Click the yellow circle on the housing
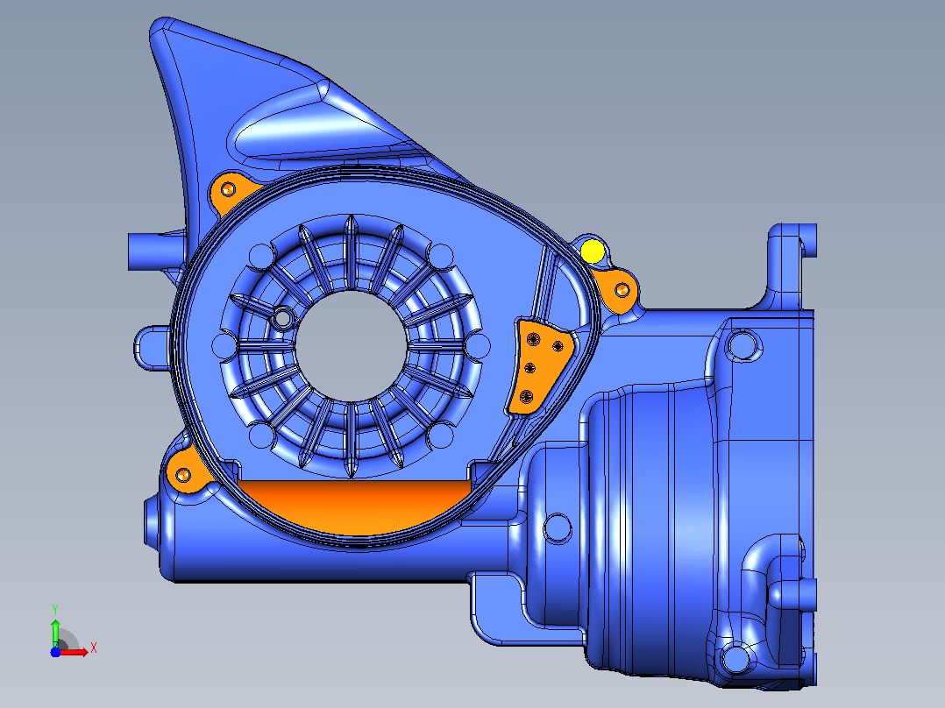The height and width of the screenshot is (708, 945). coord(593,251)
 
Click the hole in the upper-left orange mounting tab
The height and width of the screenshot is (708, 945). coord(228,190)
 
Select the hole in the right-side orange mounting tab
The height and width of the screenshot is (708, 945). coord(622,290)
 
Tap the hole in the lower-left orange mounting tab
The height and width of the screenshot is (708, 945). coord(183,475)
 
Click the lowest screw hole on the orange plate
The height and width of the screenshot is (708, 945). coord(527,396)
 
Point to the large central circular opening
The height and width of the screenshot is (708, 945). coord(352,346)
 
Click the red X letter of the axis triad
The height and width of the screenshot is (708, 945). coord(94,648)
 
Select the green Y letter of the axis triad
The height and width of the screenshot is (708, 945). coord(55,610)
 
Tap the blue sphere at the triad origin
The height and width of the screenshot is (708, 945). coord(55,652)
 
